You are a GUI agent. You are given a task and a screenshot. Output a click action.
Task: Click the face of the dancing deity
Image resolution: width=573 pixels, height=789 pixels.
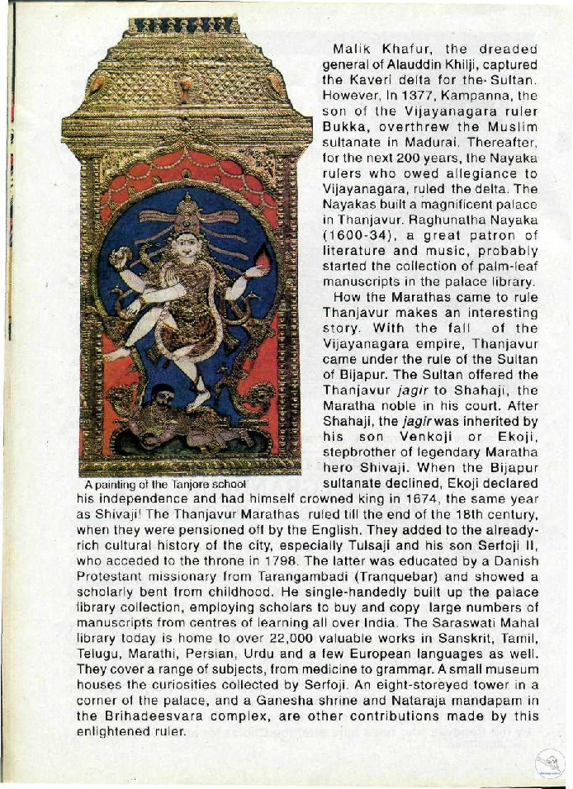(187, 247)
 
